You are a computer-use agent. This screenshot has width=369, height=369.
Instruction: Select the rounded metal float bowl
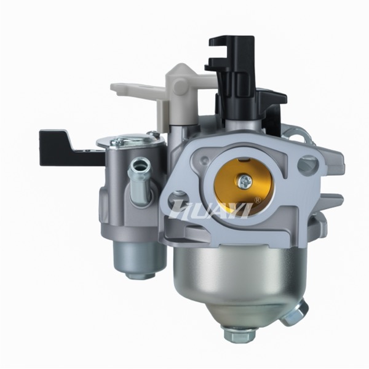[x=239, y=280]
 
